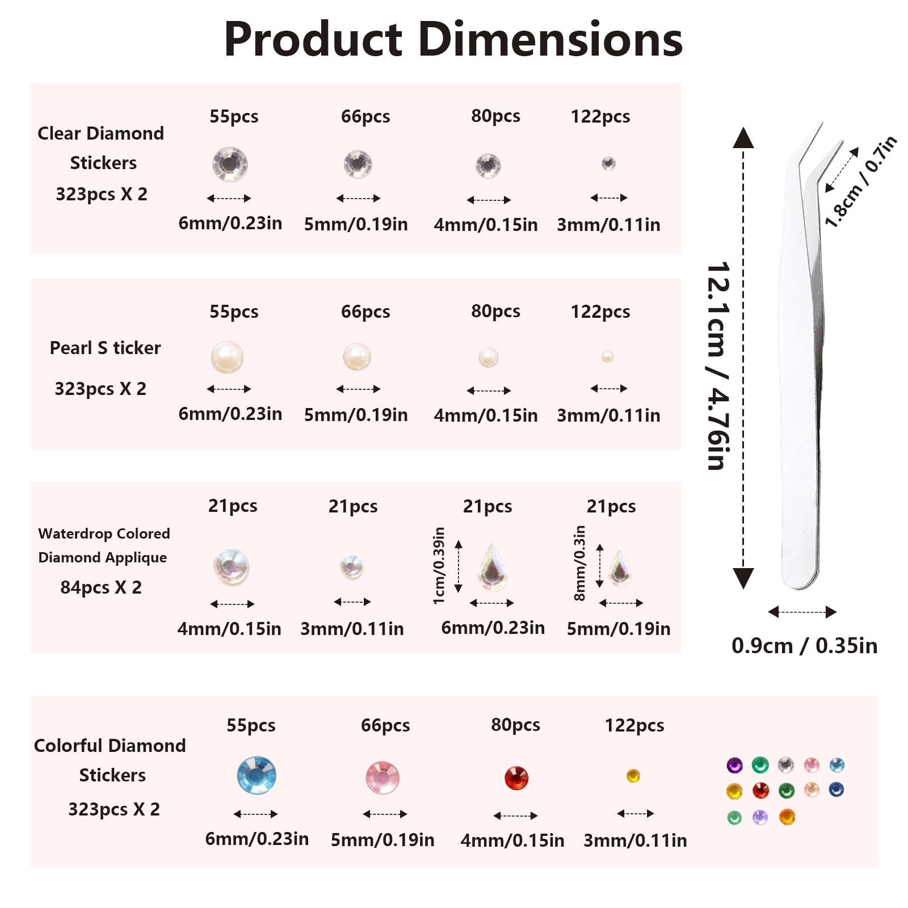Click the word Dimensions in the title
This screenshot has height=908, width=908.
[x=550, y=40]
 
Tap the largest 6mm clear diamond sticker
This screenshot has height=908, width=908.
[x=230, y=165]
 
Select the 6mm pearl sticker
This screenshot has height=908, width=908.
[x=227, y=357]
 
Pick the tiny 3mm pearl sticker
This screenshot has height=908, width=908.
[x=607, y=356]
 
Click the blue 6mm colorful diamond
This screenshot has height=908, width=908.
[x=257, y=775]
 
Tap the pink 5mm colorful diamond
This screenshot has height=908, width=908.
[x=382, y=777]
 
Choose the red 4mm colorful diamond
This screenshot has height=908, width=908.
[x=516, y=778]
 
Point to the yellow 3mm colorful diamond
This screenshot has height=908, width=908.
[x=633, y=776]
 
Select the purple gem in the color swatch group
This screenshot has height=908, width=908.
[x=734, y=765]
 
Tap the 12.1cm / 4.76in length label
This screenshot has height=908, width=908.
[x=718, y=366]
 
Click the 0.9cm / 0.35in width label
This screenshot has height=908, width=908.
[x=804, y=646]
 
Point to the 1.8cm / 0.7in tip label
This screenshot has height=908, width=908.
[x=860, y=182]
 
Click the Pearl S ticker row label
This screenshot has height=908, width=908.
[x=105, y=348]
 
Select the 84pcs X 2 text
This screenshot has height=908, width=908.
[x=101, y=587]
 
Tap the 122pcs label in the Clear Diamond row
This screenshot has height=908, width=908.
[x=600, y=116]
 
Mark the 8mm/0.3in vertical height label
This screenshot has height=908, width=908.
[x=579, y=563]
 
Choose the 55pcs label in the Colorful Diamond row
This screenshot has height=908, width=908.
[x=251, y=725]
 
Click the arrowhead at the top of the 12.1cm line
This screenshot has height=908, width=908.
[x=743, y=137]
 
